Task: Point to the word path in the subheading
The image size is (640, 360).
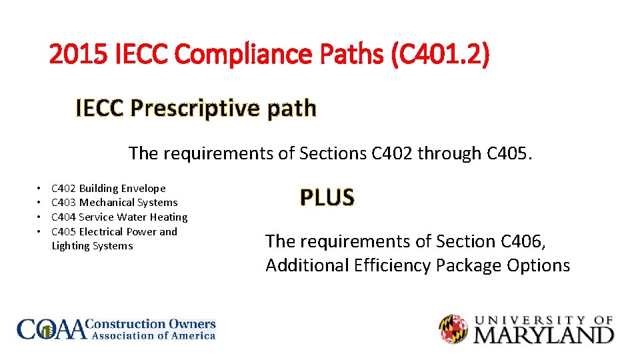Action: coord(291,107)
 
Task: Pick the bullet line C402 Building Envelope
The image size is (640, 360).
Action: coord(108,189)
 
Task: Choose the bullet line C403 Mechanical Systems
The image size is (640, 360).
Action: coord(114,203)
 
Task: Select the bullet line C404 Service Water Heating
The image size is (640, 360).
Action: coord(119,217)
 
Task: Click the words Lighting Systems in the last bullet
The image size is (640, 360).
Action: coord(92,246)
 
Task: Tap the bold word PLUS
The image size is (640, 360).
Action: coord(327,197)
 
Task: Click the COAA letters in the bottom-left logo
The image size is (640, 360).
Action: coord(52,329)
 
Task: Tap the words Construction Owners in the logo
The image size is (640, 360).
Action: coord(152,324)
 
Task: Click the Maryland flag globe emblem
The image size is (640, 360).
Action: coord(453,328)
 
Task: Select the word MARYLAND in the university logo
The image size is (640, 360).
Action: coord(543,334)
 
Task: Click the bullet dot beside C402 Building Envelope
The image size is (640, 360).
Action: coord(40,189)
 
